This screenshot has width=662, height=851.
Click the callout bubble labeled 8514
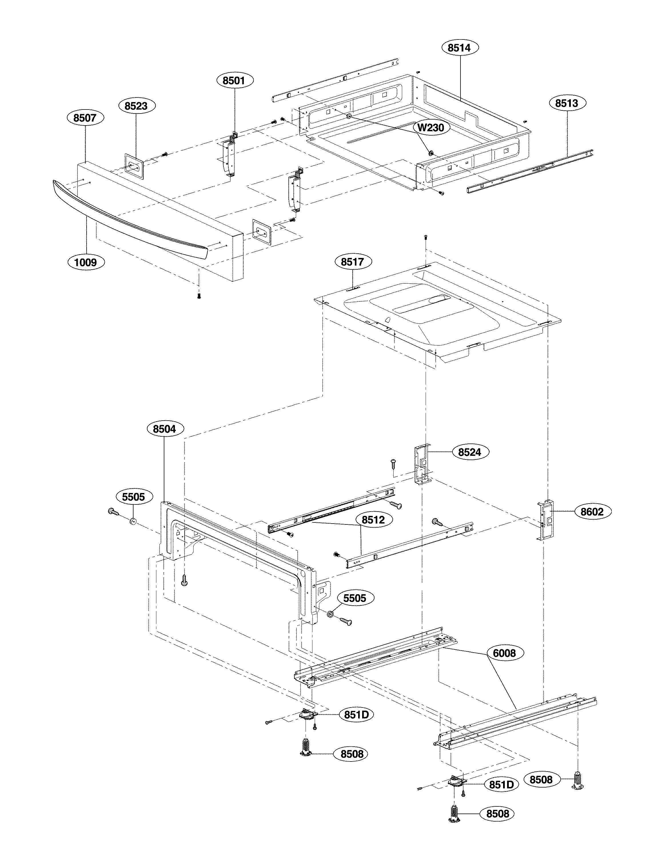coord(460,48)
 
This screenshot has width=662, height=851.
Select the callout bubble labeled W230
coord(431,128)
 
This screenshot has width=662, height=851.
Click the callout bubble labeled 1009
coord(86,262)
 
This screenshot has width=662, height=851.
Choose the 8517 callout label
coord(352,262)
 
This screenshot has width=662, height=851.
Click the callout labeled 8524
coord(470,452)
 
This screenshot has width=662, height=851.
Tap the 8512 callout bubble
coord(373,520)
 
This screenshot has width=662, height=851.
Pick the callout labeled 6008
coord(504,653)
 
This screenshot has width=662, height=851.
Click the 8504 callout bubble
coord(164,429)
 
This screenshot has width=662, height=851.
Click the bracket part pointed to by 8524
coord(422,464)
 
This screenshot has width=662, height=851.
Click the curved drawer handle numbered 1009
coord(129,218)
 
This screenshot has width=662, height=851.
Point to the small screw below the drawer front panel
coord(199,297)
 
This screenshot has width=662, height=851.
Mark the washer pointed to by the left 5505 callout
coord(133,521)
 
